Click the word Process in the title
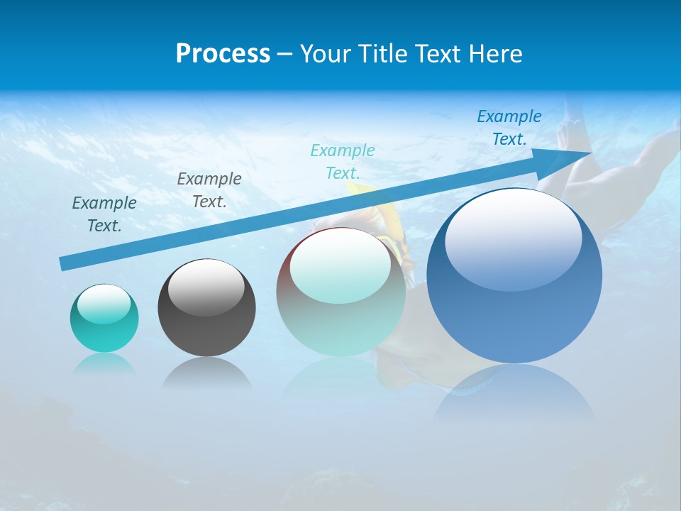point(223,54)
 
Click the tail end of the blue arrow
point(65,263)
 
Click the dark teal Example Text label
point(104,214)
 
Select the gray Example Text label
point(209,190)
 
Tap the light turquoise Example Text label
point(343,162)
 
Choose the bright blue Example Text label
point(509,128)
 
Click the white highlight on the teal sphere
point(104,304)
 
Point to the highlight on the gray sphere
point(206,287)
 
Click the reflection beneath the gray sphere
point(206,373)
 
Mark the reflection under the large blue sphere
point(514,394)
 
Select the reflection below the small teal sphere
point(104,364)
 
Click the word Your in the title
point(325,54)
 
